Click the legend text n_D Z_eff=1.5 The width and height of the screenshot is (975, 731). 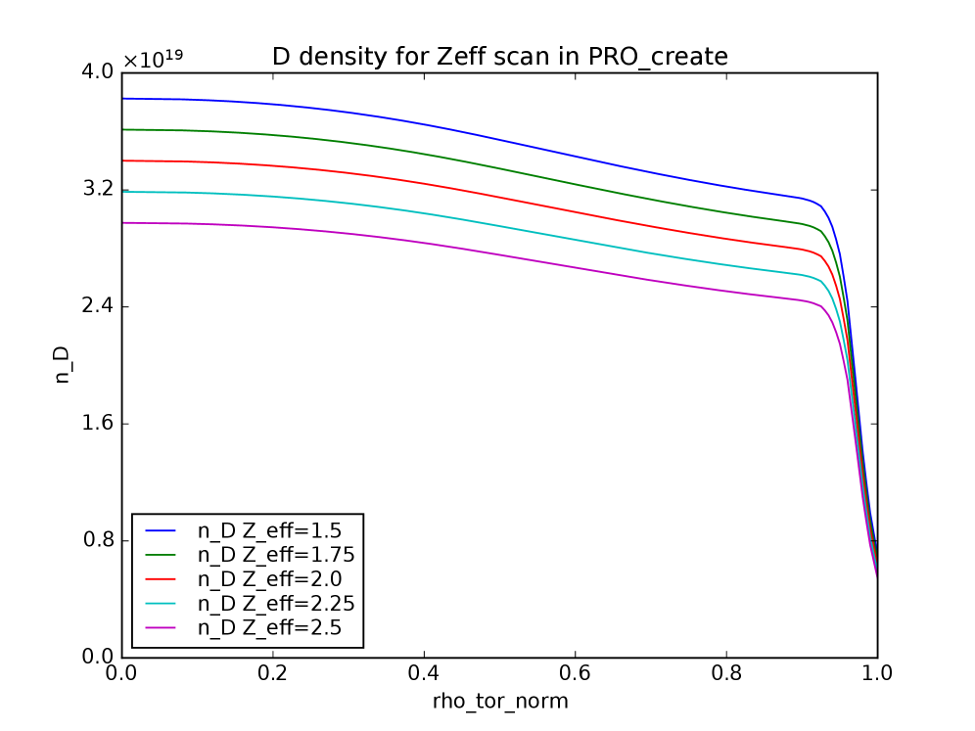point(269,531)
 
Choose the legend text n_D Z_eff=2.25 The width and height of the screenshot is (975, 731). point(275,604)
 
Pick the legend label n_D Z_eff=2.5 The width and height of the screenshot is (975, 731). point(269,628)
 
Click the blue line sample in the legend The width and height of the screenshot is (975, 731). point(161,531)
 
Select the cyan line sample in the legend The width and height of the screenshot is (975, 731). point(161,604)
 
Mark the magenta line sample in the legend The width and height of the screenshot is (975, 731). point(161,628)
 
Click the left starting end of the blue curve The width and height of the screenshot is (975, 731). point(123,98)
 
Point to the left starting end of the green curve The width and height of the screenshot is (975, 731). point(123,129)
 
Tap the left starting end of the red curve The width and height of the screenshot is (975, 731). point(123,160)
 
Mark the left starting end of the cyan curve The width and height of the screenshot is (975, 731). point(123,192)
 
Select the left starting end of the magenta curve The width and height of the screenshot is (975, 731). point(123,223)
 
